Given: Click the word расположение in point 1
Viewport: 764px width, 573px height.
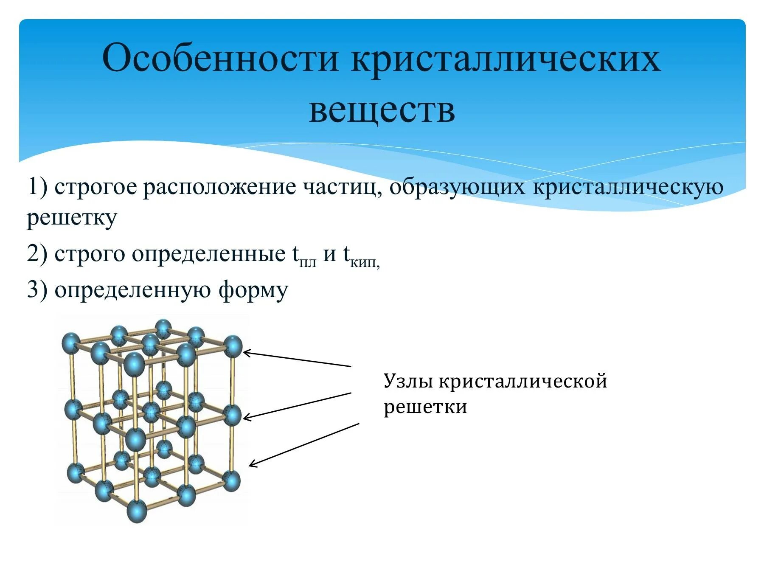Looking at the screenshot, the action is pyautogui.click(x=219, y=188).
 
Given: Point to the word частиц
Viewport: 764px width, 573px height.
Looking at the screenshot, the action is pyautogui.click(x=342, y=188).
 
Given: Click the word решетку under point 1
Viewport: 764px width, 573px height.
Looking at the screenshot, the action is pyautogui.click(x=72, y=218).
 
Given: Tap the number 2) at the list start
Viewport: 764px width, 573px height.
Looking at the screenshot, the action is pyautogui.click(x=37, y=254).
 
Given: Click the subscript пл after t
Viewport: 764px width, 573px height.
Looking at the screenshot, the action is pyautogui.click(x=308, y=262).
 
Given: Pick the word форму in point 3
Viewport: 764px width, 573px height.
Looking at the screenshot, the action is pyautogui.click(x=253, y=291).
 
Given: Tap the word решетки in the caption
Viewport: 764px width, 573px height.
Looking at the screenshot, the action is pyautogui.click(x=425, y=407).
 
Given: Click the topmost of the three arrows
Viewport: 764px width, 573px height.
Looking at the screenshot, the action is pyautogui.click(x=297, y=359).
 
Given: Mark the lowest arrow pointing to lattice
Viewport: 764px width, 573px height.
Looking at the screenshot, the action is pyautogui.click(x=304, y=444).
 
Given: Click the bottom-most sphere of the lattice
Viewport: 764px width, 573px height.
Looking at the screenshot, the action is pyautogui.click(x=137, y=511).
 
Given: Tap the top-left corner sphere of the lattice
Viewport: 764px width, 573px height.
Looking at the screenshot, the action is pyautogui.click(x=70, y=343).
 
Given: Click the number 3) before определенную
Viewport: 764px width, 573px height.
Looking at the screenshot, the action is pyautogui.click(x=37, y=290).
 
